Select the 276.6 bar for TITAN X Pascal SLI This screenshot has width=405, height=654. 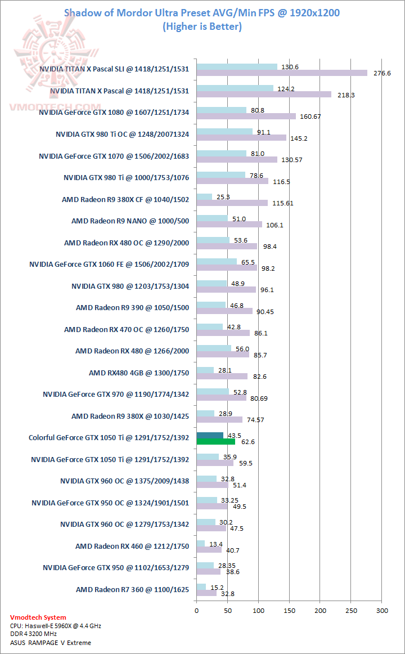coord(281,73)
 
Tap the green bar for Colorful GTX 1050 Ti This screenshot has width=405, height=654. coord(215,442)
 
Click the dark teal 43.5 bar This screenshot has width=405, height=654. coord(210,435)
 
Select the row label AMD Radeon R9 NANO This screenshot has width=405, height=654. coord(130,221)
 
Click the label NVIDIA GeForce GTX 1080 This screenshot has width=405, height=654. coord(114,113)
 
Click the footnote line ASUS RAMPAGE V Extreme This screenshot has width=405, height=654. coord(50,642)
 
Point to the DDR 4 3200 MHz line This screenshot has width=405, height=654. coord(37,634)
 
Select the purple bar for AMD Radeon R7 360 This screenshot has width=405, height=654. coord(206,592)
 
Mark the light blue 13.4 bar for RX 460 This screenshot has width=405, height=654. coord(200,543)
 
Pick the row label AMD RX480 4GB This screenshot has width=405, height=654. coord(139,373)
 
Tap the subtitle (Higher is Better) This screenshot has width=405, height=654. coord(202,26)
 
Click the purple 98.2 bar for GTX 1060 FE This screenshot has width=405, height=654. coord(227,268)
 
